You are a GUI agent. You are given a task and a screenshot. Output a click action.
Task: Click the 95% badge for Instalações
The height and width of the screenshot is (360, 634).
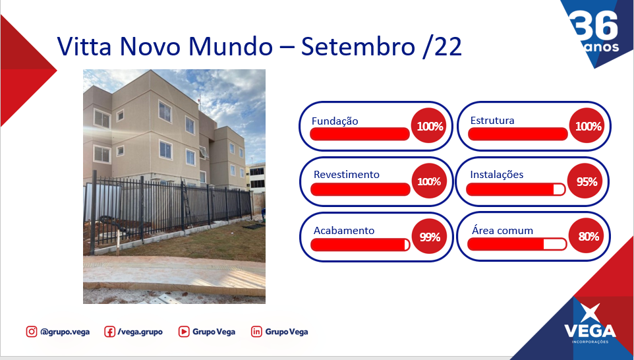[x=585, y=181]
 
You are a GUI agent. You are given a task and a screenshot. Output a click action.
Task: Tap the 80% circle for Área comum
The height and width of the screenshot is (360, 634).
[x=587, y=236]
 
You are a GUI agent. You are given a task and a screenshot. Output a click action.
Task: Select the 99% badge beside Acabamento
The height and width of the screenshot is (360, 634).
[x=430, y=236]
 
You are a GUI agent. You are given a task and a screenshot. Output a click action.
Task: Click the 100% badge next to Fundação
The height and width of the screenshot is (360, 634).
[x=429, y=126]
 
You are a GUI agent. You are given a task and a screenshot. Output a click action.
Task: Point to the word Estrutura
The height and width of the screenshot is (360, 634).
[x=492, y=121]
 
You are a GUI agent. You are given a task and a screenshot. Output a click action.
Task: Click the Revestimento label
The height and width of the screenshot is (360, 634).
[x=347, y=175]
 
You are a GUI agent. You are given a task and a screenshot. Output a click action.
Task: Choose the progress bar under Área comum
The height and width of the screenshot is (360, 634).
[x=517, y=244]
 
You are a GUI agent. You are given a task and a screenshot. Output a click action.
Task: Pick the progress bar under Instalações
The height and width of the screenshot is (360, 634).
[x=515, y=189]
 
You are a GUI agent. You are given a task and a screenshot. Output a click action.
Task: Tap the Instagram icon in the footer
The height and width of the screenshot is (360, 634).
[x=32, y=332]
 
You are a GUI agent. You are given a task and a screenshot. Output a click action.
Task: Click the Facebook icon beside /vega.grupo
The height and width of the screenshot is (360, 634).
[x=109, y=332]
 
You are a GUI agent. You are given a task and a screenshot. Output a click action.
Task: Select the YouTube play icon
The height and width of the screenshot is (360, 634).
[x=184, y=332]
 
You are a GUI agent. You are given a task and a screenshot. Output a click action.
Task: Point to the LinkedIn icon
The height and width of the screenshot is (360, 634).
[x=256, y=332]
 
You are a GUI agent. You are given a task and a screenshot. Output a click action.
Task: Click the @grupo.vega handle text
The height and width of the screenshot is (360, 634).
[x=65, y=332]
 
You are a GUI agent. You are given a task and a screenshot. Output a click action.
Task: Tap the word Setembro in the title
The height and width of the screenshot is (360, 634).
[x=359, y=46]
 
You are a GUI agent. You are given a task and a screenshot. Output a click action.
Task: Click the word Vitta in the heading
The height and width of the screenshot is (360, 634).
[x=84, y=46]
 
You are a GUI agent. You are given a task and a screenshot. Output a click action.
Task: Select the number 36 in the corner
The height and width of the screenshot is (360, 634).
[x=594, y=25]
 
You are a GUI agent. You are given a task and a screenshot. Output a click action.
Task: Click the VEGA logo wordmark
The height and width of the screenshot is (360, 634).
[x=590, y=331]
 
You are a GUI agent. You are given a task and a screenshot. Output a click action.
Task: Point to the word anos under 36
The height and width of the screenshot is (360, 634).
[x=602, y=47]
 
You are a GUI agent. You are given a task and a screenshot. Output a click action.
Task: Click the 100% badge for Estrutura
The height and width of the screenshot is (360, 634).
[x=587, y=126]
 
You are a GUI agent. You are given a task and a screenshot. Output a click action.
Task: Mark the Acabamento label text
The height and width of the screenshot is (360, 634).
[x=344, y=231]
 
